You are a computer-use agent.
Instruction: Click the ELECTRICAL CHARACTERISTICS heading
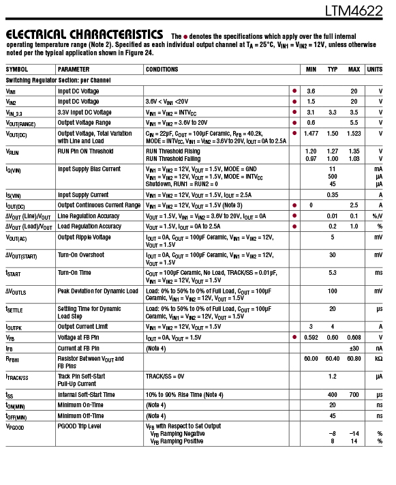click(x=84, y=34)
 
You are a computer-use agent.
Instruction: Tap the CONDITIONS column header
click(x=162, y=70)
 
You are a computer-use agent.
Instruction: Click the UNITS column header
click(x=374, y=70)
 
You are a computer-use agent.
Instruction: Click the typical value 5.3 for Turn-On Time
click(x=333, y=273)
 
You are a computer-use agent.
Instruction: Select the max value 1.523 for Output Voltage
click(x=354, y=134)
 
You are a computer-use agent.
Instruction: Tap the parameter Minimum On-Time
click(x=81, y=405)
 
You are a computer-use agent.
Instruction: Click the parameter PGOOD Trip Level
click(x=80, y=426)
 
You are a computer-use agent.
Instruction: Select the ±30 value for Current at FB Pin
click(x=354, y=348)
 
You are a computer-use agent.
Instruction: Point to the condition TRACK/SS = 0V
click(x=165, y=376)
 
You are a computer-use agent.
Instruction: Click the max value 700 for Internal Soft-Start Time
click(x=354, y=395)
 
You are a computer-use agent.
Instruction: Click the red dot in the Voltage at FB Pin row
click(x=294, y=337)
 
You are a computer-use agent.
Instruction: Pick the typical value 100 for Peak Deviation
click(x=333, y=291)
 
